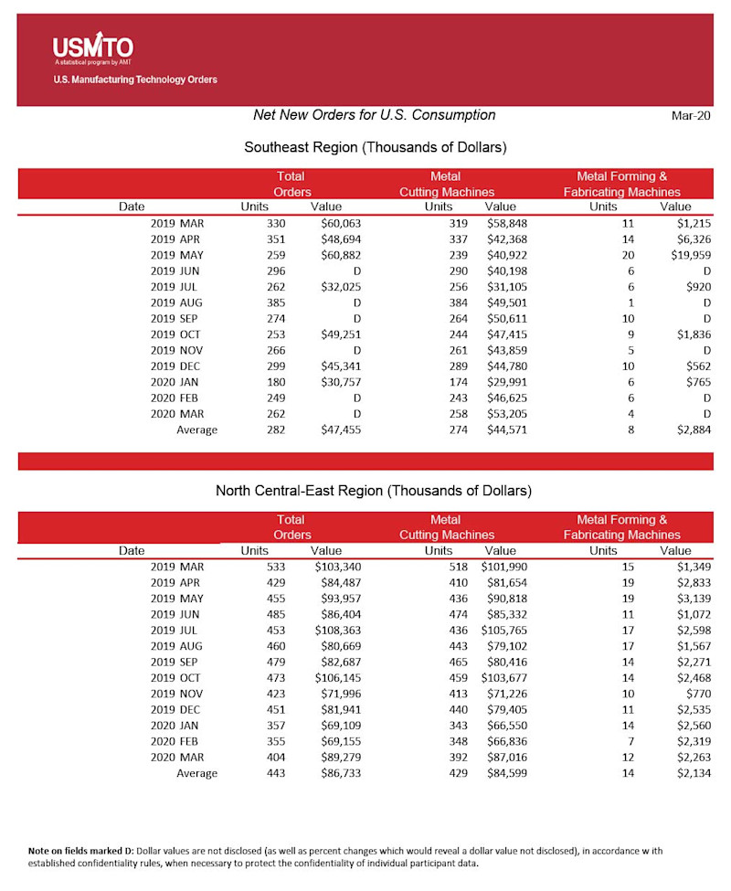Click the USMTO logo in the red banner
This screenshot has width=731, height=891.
coord(92,48)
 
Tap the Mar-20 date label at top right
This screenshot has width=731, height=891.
coord(692,116)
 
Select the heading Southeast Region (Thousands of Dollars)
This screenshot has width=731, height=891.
coord(376,147)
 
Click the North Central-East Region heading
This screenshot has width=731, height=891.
coord(374,491)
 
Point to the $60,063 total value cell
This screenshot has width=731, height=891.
coord(341,224)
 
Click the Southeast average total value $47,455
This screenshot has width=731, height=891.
coord(341,430)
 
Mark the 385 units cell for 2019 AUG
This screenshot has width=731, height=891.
coord(276,302)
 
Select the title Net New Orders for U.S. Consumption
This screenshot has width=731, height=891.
coord(374,115)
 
